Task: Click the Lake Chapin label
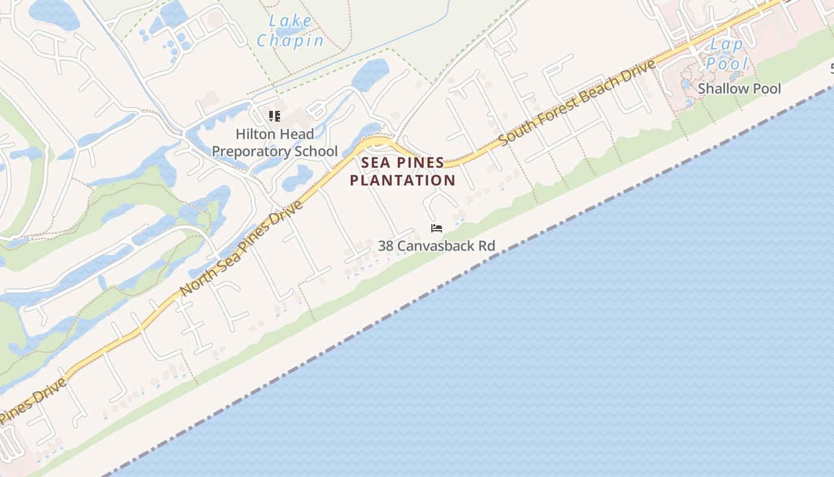(290, 31)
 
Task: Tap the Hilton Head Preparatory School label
(275, 143)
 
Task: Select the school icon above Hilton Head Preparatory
(274, 116)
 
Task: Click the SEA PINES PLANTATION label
(403, 171)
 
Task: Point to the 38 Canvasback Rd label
(437, 246)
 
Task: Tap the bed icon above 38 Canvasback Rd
(437, 228)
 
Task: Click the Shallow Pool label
(739, 89)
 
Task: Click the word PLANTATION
(403, 180)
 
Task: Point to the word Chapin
(290, 41)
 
